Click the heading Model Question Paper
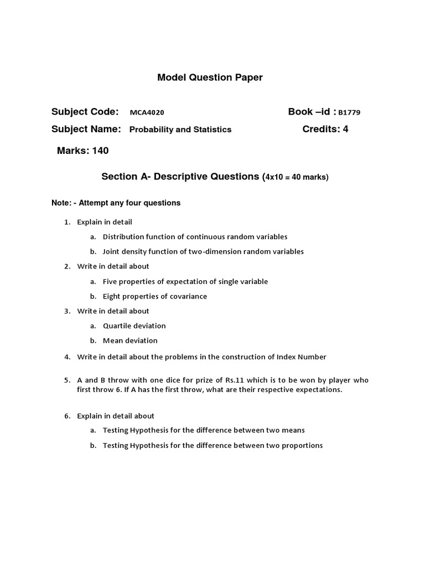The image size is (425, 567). (210, 78)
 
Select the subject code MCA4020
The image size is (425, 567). (147, 112)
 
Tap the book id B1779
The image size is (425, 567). (349, 112)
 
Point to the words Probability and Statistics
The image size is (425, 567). (180, 130)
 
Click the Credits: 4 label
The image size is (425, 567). (325, 129)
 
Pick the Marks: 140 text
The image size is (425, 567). (83, 151)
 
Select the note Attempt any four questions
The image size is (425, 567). (129, 203)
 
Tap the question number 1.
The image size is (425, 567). (66, 222)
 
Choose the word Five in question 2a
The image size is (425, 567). (111, 281)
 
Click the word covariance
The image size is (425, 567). (187, 296)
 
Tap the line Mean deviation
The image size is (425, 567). (130, 341)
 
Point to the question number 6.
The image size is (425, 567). (66, 416)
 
